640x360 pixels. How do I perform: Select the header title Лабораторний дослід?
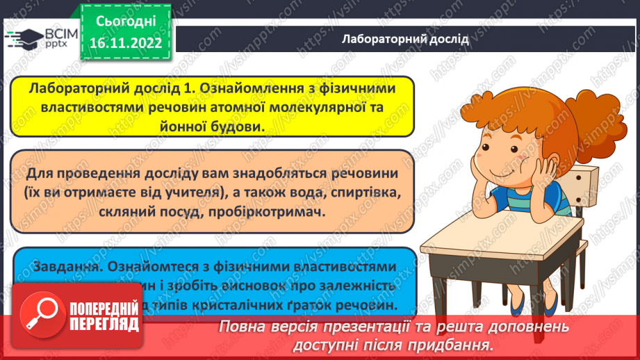[406, 39]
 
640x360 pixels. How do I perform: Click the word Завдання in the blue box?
[61, 266]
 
